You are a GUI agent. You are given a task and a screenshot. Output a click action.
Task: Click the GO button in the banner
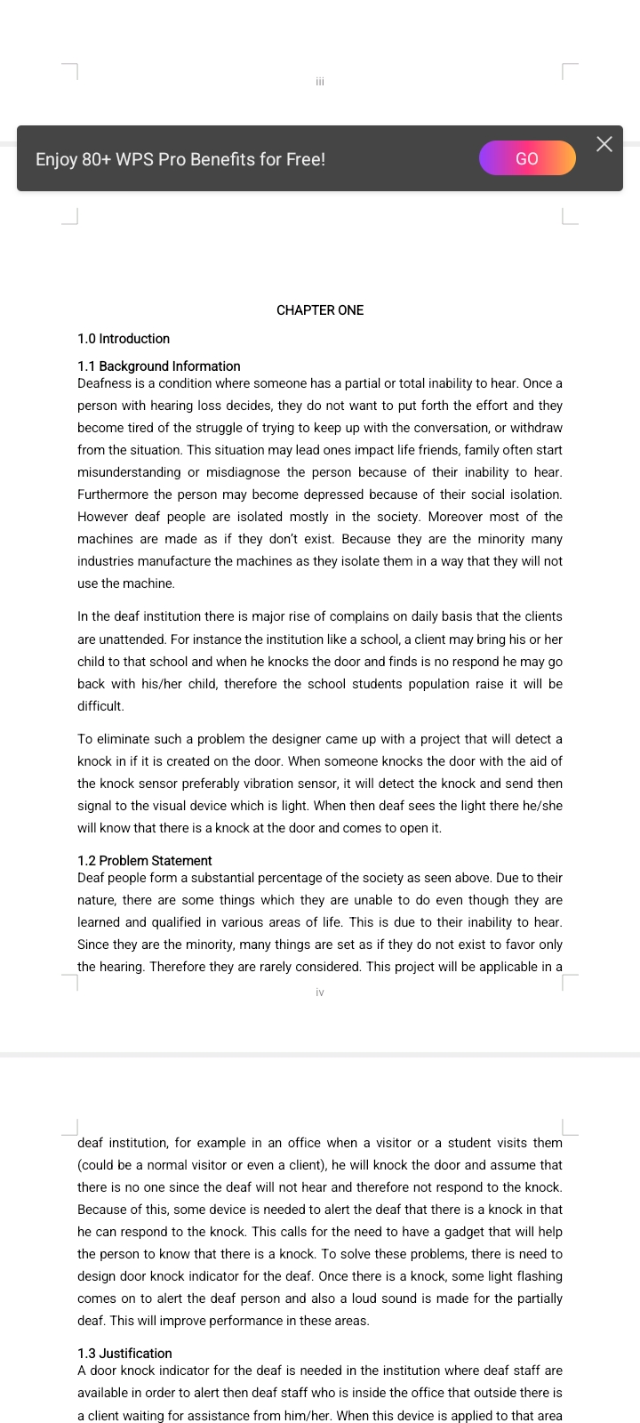(527, 158)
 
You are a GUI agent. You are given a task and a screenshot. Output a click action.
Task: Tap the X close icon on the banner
(604, 144)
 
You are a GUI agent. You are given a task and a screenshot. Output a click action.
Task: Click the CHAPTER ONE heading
(320, 310)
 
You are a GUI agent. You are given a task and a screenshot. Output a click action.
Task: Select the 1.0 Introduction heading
(124, 339)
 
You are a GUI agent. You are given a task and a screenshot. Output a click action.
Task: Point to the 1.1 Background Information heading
(159, 366)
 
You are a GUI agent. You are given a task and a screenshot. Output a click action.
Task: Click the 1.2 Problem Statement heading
(145, 861)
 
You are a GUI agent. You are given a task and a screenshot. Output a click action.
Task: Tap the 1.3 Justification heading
(124, 1354)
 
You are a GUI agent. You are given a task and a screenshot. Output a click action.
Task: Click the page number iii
(320, 82)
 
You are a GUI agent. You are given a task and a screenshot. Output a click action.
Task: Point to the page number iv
(320, 993)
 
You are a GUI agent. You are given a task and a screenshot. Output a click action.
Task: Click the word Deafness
(104, 383)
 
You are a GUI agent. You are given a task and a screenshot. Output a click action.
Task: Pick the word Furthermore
(113, 494)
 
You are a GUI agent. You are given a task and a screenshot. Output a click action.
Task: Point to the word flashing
(538, 1276)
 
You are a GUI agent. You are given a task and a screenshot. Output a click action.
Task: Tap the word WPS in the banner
(135, 159)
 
